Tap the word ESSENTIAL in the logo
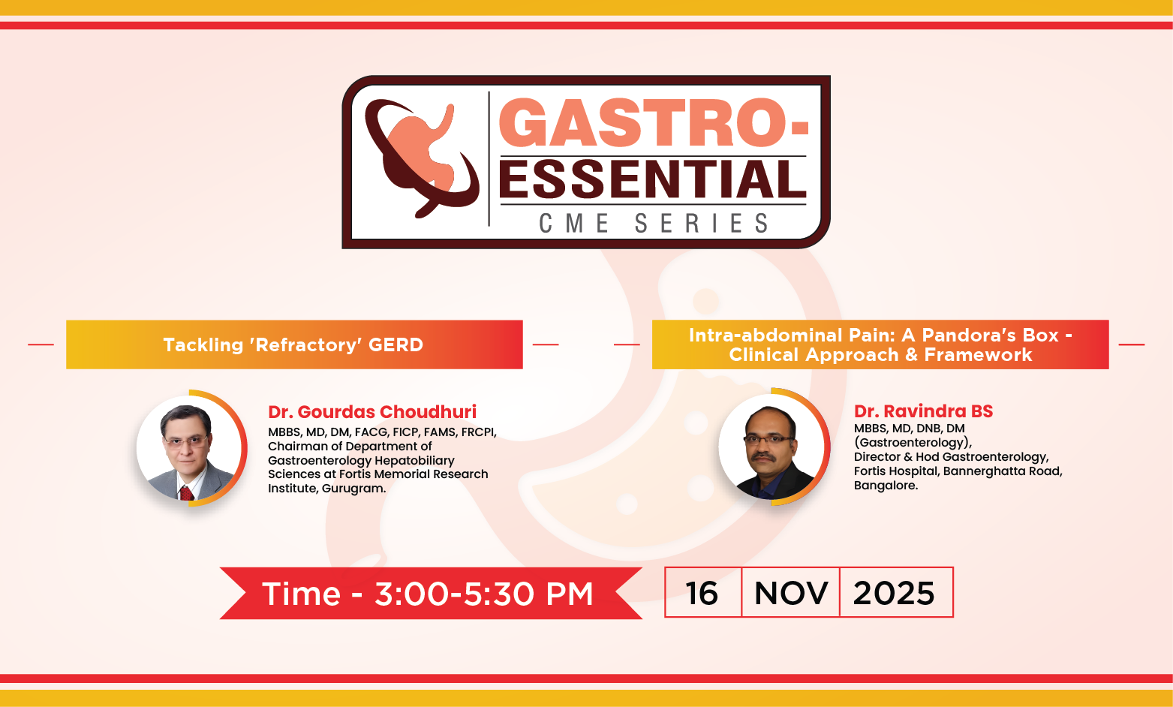coord(652,180)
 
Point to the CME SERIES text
coord(654,224)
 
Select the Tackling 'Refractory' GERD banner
coord(293,344)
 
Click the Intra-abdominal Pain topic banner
coord(880,344)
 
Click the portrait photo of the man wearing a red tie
coord(189,448)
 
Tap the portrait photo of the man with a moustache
coord(772,448)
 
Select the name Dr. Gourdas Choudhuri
coord(372,412)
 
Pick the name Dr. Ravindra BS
coord(923,411)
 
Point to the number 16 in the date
coord(702,594)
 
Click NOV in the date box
coord(791,594)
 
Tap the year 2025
coord(894,594)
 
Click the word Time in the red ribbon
coord(302,594)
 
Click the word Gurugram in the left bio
coord(353,489)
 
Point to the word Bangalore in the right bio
coord(885,486)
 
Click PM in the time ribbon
coord(569,594)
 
